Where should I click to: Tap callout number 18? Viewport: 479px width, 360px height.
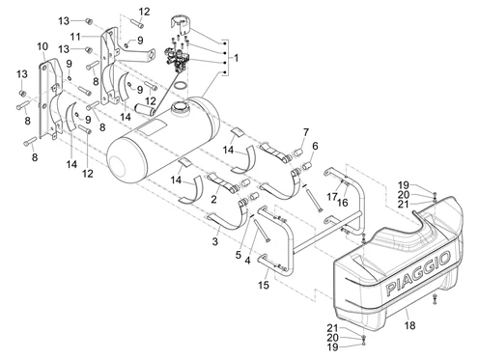coord(409,325)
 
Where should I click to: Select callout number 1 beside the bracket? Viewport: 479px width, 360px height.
coord(237,58)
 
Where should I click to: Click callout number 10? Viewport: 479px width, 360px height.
coord(42,46)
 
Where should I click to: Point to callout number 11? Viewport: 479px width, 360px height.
coord(75,37)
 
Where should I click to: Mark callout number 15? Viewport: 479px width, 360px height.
coord(264,285)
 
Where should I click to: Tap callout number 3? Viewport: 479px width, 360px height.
coord(214,241)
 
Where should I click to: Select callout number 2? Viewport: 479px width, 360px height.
coord(213,199)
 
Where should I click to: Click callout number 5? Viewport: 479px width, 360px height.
coord(238,255)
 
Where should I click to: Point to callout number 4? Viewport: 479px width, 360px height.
coord(247,260)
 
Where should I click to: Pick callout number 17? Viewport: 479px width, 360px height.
coord(332,196)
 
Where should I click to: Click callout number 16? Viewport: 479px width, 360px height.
coord(343,203)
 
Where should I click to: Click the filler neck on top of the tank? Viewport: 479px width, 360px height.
coord(180,107)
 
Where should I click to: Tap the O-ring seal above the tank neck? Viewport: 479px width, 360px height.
coord(181,86)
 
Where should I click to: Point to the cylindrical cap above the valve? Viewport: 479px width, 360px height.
coord(181,23)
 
